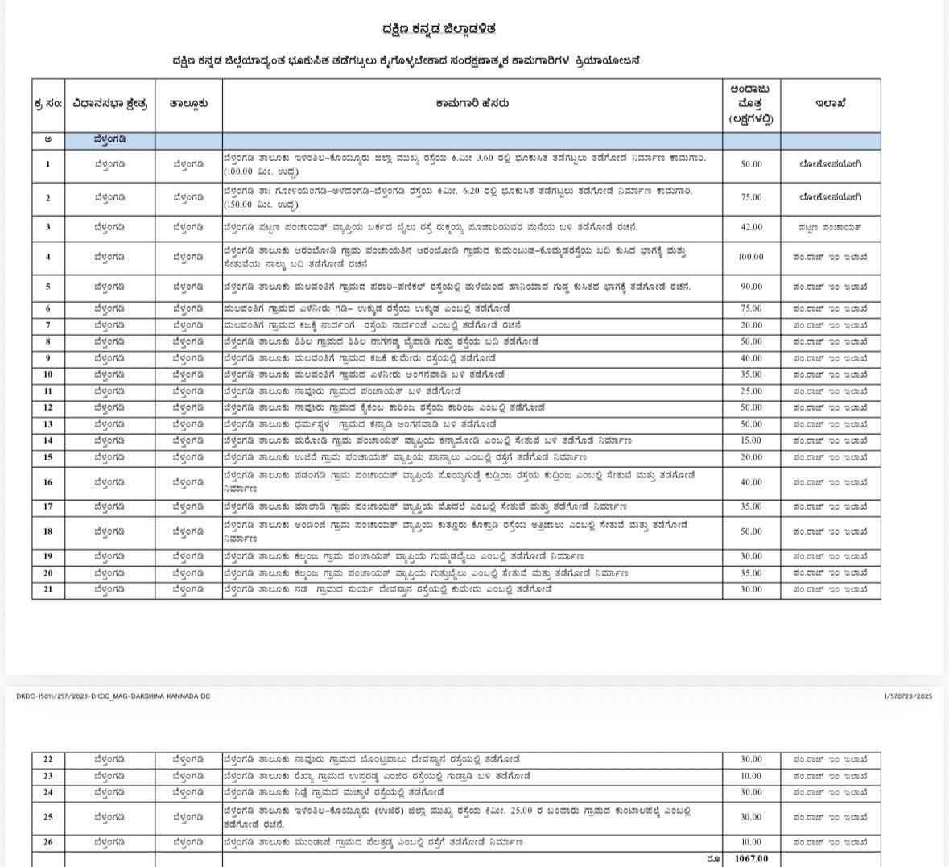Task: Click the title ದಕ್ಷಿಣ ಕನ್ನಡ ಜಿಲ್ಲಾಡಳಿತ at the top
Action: coord(439,29)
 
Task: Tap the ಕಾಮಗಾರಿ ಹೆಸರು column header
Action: coord(472,103)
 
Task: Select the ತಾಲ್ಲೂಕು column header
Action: coord(188,103)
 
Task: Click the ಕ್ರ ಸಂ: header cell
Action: coord(47,103)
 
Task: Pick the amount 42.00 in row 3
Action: coord(751,227)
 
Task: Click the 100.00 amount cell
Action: coord(751,257)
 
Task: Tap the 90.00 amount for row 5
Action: coord(751,287)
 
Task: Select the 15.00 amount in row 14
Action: coord(751,440)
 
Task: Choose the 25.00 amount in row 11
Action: coord(751,391)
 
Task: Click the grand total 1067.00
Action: coord(751,859)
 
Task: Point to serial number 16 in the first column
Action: coord(47,482)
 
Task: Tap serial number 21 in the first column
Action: coord(47,589)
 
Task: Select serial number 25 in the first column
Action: coord(47,817)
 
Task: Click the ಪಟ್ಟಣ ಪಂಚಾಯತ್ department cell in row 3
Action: coord(830,227)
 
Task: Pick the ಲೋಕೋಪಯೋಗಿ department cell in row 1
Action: coord(830,163)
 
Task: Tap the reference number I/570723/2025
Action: coord(908,696)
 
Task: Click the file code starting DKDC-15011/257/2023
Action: coord(113,696)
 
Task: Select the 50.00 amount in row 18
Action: coord(751,531)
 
